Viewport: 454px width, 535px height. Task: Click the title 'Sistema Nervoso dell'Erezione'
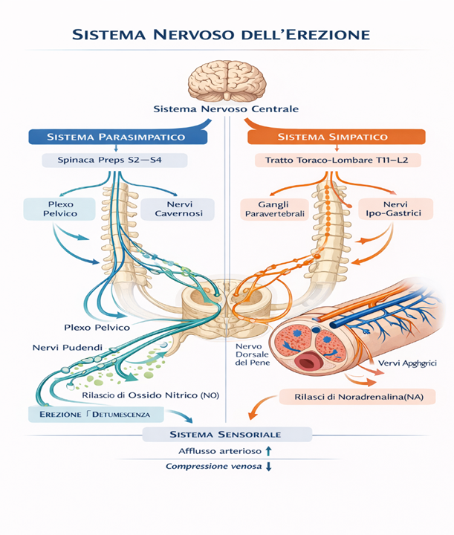click(x=226, y=35)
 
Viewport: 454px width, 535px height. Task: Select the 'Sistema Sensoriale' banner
click(x=226, y=433)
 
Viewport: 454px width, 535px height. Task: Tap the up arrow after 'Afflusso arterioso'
click(x=269, y=450)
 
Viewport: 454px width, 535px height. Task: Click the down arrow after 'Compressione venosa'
click(x=269, y=466)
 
